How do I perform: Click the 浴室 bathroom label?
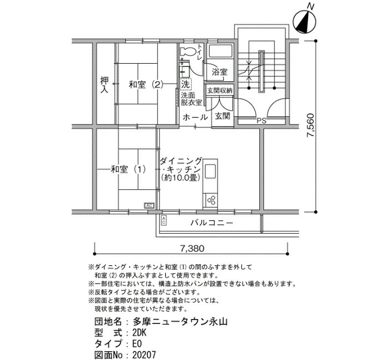[219, 72]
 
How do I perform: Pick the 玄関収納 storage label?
[220, 90]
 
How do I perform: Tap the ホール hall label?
[195, 117]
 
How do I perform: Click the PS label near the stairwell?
[261, 120]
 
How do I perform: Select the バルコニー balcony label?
[211, 223]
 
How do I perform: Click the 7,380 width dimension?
[192, 248]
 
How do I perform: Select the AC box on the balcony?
[164, 220]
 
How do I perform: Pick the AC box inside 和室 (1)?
[149, 205]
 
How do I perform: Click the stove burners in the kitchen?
[211, 198]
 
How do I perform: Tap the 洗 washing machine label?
[185, 84]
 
